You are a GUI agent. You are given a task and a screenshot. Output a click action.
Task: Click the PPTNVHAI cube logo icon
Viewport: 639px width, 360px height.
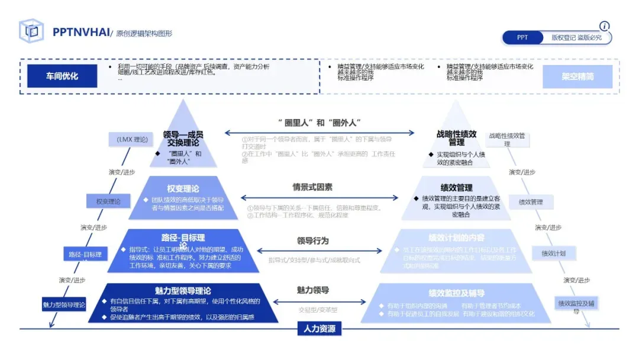tap(31, 31)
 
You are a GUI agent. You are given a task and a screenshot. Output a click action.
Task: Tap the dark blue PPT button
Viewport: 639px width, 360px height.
tap(522, 37)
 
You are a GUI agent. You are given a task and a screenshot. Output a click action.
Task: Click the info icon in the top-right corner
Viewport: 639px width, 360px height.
tap(604, 26)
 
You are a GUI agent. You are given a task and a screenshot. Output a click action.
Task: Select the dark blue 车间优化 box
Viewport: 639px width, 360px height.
tap(62, 76)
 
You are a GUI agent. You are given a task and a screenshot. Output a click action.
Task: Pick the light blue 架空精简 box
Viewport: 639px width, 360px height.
tap(577, 76)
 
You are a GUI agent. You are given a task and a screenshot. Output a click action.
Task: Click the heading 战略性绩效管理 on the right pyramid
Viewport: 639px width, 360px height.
tap(456, 138)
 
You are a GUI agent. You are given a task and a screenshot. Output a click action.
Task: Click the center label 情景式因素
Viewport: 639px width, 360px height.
tap(312, 187)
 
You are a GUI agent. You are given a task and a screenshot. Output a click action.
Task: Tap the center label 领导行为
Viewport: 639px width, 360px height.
tap(312, 241)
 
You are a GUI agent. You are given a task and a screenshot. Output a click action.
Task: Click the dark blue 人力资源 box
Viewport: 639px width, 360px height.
tap(319, 329)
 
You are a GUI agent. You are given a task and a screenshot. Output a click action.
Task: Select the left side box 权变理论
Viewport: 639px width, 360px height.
tap(108, 201)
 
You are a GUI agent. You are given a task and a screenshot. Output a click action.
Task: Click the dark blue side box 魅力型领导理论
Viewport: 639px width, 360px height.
tap(64, 305)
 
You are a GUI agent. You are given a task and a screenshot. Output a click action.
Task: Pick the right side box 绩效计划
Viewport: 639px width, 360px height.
tap(554, 253)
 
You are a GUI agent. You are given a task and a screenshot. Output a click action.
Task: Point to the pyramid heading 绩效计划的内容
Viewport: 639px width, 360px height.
tap(456, 237)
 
